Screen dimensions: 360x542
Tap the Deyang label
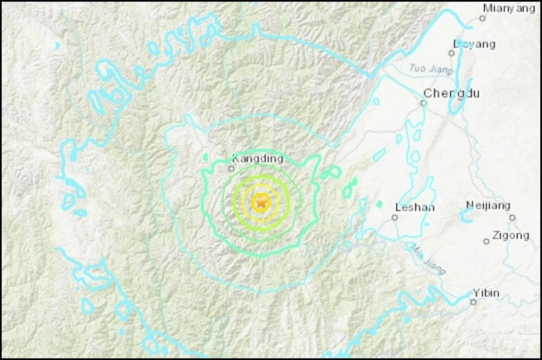pyautogui.click(x=474, y=44)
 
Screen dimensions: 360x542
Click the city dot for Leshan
pyautogui.click(x=395, y=217)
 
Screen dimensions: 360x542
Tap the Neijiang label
pyautogui.click(x=488, y=205)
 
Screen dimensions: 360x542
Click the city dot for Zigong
pyautogui.click(x=487, y=241)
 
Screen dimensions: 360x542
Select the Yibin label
pyautogui.click(x=486, y=293)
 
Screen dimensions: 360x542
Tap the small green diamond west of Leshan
pyautogui.click(x=379, y=204)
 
